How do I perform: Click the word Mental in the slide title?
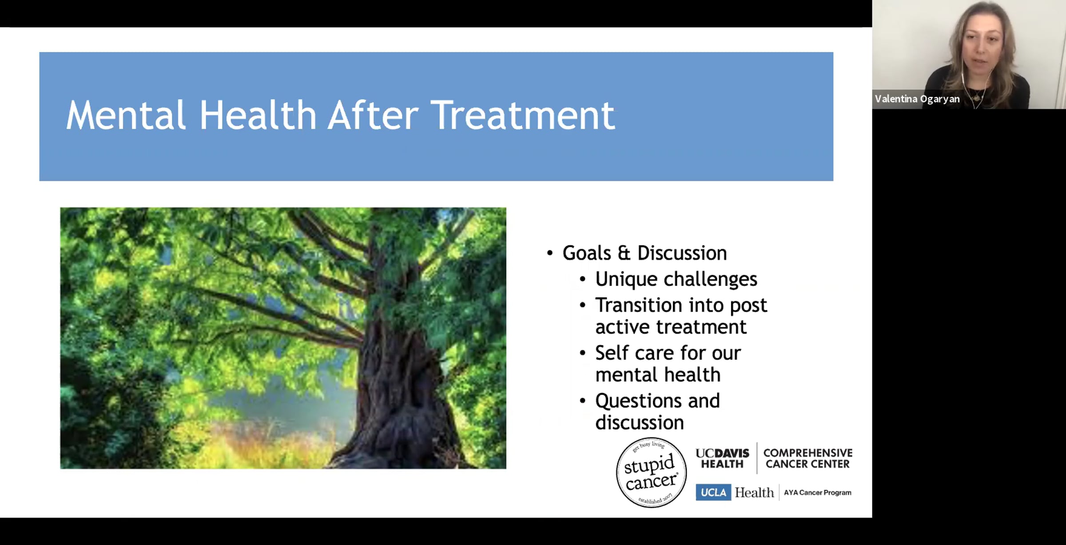(x=126, y=115)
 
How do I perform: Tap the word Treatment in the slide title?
(x=523, y=115)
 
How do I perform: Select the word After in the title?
(x=373, y=115)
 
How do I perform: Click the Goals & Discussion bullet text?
(x=644, y=253)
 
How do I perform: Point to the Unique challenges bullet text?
(x=676, y=279)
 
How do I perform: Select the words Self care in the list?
(x=635, y=353)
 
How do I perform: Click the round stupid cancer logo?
(x=651, y=473)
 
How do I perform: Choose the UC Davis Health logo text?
(x=722, y=458)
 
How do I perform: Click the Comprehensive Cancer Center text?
(x=808, y=458)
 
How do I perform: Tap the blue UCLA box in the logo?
(x=713, y=493)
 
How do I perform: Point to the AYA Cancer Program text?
(x=818, y=493)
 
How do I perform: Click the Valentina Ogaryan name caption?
(x=917, y=99)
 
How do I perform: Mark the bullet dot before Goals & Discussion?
(x=550, y=254)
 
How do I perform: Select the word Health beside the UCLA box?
(x=754, y=493)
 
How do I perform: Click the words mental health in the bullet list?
(x=658, y=375)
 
